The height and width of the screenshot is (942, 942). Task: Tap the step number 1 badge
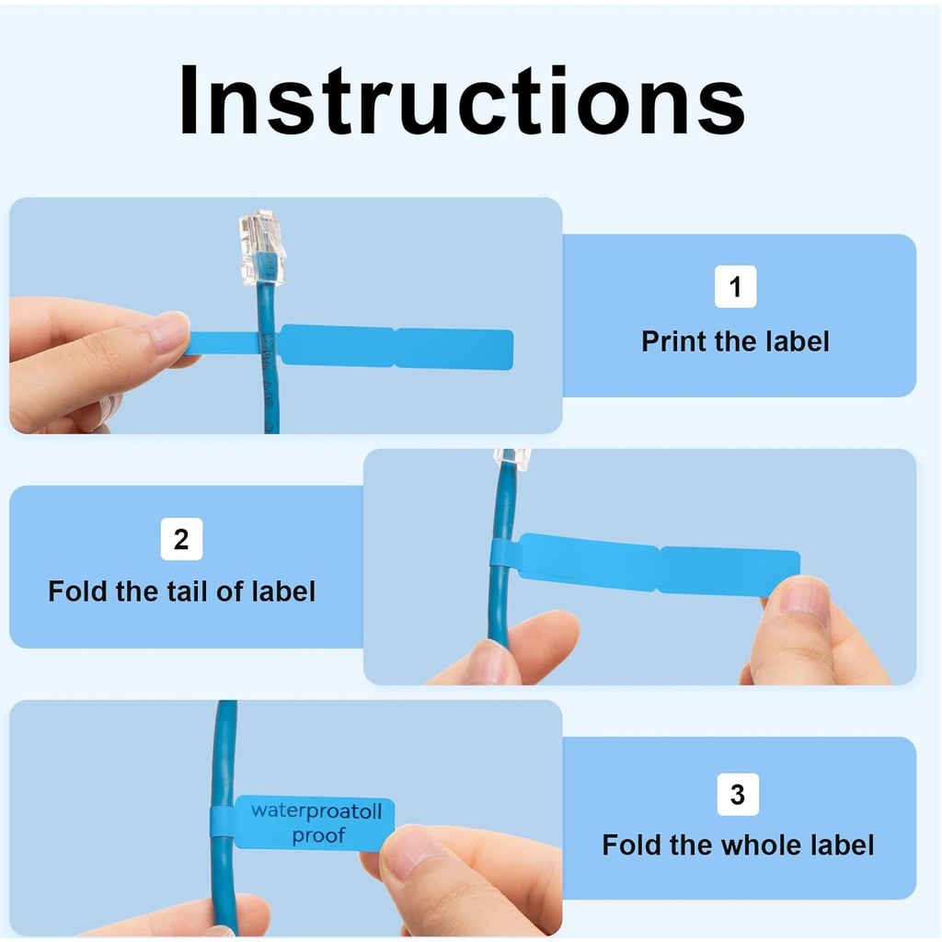[735, 287]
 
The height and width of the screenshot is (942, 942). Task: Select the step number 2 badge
[181, 540]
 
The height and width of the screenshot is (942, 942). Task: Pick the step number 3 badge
[738, 794]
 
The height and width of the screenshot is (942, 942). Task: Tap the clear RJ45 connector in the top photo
[261, 246]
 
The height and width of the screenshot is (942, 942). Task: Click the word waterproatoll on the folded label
[316, 811]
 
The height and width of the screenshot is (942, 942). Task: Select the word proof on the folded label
[318, 835]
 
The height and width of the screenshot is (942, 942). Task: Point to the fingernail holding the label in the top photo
[169, 332]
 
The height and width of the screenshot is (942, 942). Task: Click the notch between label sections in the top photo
[395, 348]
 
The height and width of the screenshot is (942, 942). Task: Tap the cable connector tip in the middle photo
[512, 457]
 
